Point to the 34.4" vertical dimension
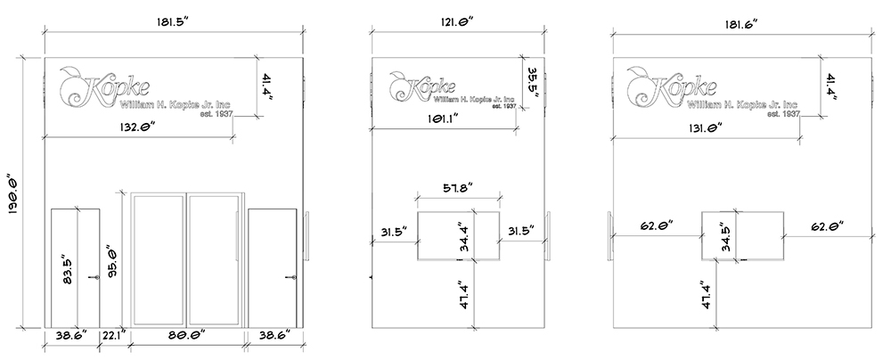(x=463, y=237)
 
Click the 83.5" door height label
(x=64, y=268)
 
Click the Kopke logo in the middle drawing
(x=423, y=86)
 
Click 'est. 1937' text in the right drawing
(x=786, y=115)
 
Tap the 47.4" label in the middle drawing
(x=462, y=294)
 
